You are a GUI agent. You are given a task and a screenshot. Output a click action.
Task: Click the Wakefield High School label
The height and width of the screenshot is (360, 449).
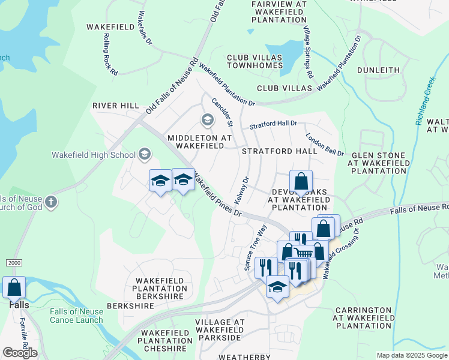point(94,155)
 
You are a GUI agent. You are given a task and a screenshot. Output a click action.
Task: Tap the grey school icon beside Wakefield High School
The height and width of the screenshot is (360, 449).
point(144,155)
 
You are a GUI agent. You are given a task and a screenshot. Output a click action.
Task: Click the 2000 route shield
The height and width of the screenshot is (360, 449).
point(14,263)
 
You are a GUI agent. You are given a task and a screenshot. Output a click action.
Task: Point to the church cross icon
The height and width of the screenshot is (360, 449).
point(50,202)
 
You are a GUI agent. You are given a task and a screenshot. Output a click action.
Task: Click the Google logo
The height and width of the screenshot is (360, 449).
point(20,353)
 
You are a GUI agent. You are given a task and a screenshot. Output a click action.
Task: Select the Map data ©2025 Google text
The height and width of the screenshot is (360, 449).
point(411,355)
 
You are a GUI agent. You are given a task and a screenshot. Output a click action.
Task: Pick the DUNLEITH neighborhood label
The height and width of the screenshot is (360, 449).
point(378,70)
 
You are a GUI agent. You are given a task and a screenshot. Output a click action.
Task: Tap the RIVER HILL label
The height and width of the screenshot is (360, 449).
point(116,106)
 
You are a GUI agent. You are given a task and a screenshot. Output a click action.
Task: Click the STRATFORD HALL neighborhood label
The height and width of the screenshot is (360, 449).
point(279,152)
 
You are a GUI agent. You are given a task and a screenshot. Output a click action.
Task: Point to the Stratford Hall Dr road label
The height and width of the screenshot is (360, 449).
point(273,124)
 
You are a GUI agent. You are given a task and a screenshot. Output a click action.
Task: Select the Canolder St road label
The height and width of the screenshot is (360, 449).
point(221,112)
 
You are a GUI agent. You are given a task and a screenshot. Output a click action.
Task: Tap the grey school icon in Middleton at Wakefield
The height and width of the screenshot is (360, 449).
point(208,120)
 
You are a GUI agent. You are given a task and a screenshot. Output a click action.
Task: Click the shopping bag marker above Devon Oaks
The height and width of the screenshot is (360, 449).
point(301,181)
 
